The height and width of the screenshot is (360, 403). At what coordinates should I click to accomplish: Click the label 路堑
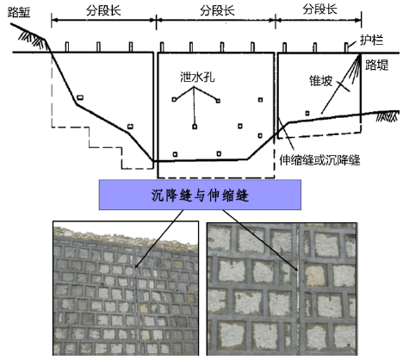coord(19,12)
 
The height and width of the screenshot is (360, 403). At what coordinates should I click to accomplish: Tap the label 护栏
coord(372,40)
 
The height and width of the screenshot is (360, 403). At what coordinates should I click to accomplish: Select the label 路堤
coord(376,65)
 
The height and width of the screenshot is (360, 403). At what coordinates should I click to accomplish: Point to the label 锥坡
coord(321,81)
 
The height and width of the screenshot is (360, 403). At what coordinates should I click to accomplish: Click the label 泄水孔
coord(197,77)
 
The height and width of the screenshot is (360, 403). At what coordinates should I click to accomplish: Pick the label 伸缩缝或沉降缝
coord(319,160)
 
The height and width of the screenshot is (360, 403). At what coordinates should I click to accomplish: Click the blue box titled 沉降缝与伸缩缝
coord(200,195)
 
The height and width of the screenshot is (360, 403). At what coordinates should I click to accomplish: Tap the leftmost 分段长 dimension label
coord(103,11)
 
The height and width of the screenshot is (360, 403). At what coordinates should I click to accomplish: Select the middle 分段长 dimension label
coord(217,11)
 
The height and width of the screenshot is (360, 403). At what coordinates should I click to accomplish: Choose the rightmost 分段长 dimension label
coord(319,9)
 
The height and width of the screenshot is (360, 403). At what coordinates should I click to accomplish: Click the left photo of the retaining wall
coord(126,289)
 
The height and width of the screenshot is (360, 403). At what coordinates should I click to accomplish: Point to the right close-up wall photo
coord(282,289)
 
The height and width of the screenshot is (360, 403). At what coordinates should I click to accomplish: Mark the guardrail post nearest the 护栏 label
coord(346,47)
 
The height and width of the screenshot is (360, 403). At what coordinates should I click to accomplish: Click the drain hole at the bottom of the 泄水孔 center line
coord(195,127)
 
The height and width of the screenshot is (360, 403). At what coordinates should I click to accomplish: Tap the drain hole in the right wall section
coord(307,113)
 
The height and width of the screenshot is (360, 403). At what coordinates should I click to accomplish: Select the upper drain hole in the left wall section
coord(80,97)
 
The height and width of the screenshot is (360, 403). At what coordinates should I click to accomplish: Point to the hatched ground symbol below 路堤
coord(388,116)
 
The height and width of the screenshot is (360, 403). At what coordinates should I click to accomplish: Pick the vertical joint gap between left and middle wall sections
coord(156,110)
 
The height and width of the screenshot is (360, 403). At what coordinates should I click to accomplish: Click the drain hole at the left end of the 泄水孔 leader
coord(174,100)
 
